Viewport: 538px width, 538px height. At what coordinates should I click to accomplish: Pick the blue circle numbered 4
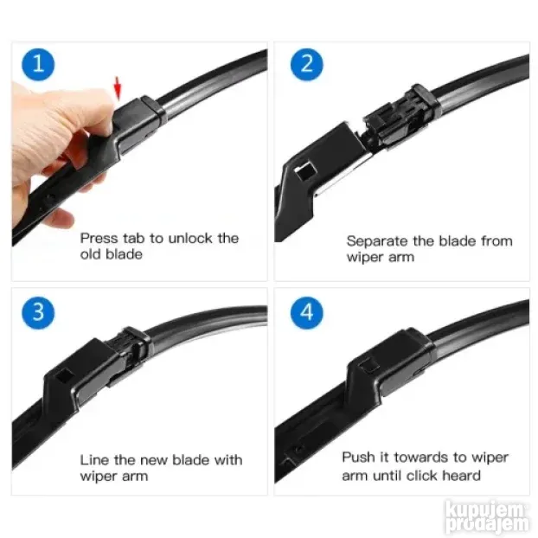point(306,312)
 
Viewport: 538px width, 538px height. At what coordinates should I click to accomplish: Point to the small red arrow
point(118,86)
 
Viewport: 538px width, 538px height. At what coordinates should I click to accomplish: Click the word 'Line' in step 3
point(94,460)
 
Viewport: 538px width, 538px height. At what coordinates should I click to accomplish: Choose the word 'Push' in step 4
point(357,458)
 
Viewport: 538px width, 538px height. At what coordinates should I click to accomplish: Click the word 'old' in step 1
point(91,254)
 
